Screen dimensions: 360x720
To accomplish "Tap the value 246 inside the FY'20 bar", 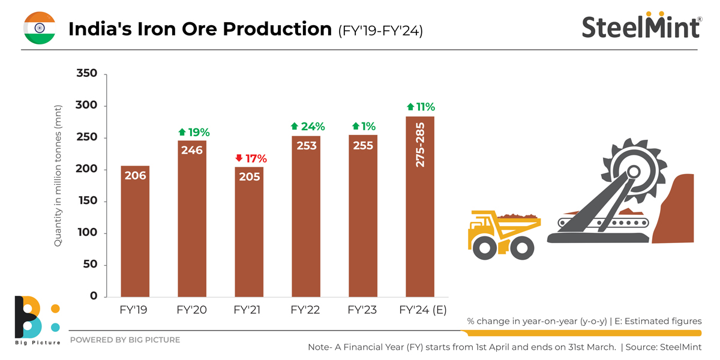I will tap(192, 151).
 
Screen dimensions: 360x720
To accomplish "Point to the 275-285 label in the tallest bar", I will tap(420, 146).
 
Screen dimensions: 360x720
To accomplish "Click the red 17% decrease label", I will tap(251, 159).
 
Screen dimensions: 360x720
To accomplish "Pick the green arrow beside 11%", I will tap(410, 107).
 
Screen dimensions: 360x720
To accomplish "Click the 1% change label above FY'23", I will tap(364, 127).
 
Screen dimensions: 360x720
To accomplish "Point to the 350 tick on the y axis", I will tap(88, 74).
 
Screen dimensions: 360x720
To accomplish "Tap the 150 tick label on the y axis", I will tap(88, 202).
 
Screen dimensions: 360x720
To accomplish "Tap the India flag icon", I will tap(40, 28).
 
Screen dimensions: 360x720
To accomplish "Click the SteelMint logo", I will tap(641, 27).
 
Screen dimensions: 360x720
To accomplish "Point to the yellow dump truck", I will tap(503, 233).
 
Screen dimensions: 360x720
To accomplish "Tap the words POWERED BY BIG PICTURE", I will tap(125, 340).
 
